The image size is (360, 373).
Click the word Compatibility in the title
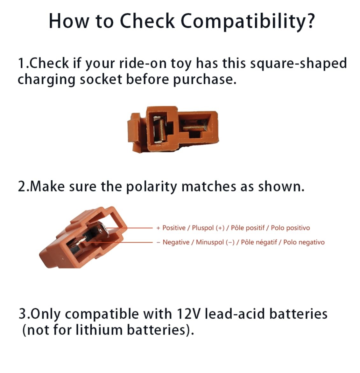coord(248,21)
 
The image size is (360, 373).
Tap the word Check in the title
coord(147,21)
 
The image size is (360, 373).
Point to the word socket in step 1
coord(101,79)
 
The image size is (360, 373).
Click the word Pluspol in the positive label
coord(203,228)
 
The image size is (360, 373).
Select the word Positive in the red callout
coord(174,228)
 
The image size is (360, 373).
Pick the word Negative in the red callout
coord(176,242)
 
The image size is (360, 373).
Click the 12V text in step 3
coord(188,314)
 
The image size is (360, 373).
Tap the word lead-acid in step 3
coord(235,314)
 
